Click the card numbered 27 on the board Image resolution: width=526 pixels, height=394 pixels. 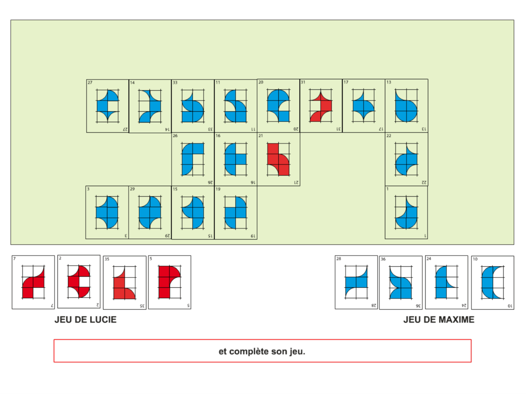(x=107, y=106)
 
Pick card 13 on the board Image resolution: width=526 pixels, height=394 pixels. (x=406, y=106)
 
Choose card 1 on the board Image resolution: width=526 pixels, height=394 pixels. (x=406, y=212)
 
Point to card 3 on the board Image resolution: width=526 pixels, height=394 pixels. (x=107, y=212)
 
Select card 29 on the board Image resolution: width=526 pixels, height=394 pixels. (x=150, y=212)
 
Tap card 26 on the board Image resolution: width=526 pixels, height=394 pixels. (x=193, y=159)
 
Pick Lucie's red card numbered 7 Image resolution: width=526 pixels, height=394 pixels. (x=33, y=282)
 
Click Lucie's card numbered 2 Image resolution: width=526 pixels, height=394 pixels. (x=79, y=282)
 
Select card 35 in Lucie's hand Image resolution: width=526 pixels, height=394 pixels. (x=124, y=283)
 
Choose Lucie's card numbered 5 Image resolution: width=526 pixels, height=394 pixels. (x=170, y=282)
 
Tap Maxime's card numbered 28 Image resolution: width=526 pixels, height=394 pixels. (x=356, y=282)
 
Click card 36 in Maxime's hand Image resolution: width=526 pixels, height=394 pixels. (x=401, y=283)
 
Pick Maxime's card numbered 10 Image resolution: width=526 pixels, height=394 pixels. (x=493, y=283)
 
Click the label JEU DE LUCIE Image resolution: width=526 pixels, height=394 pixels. (x=85, y=320)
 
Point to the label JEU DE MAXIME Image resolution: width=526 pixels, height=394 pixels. (x=439, y=320)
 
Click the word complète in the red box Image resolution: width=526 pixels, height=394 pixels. (x=250, y=351)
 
